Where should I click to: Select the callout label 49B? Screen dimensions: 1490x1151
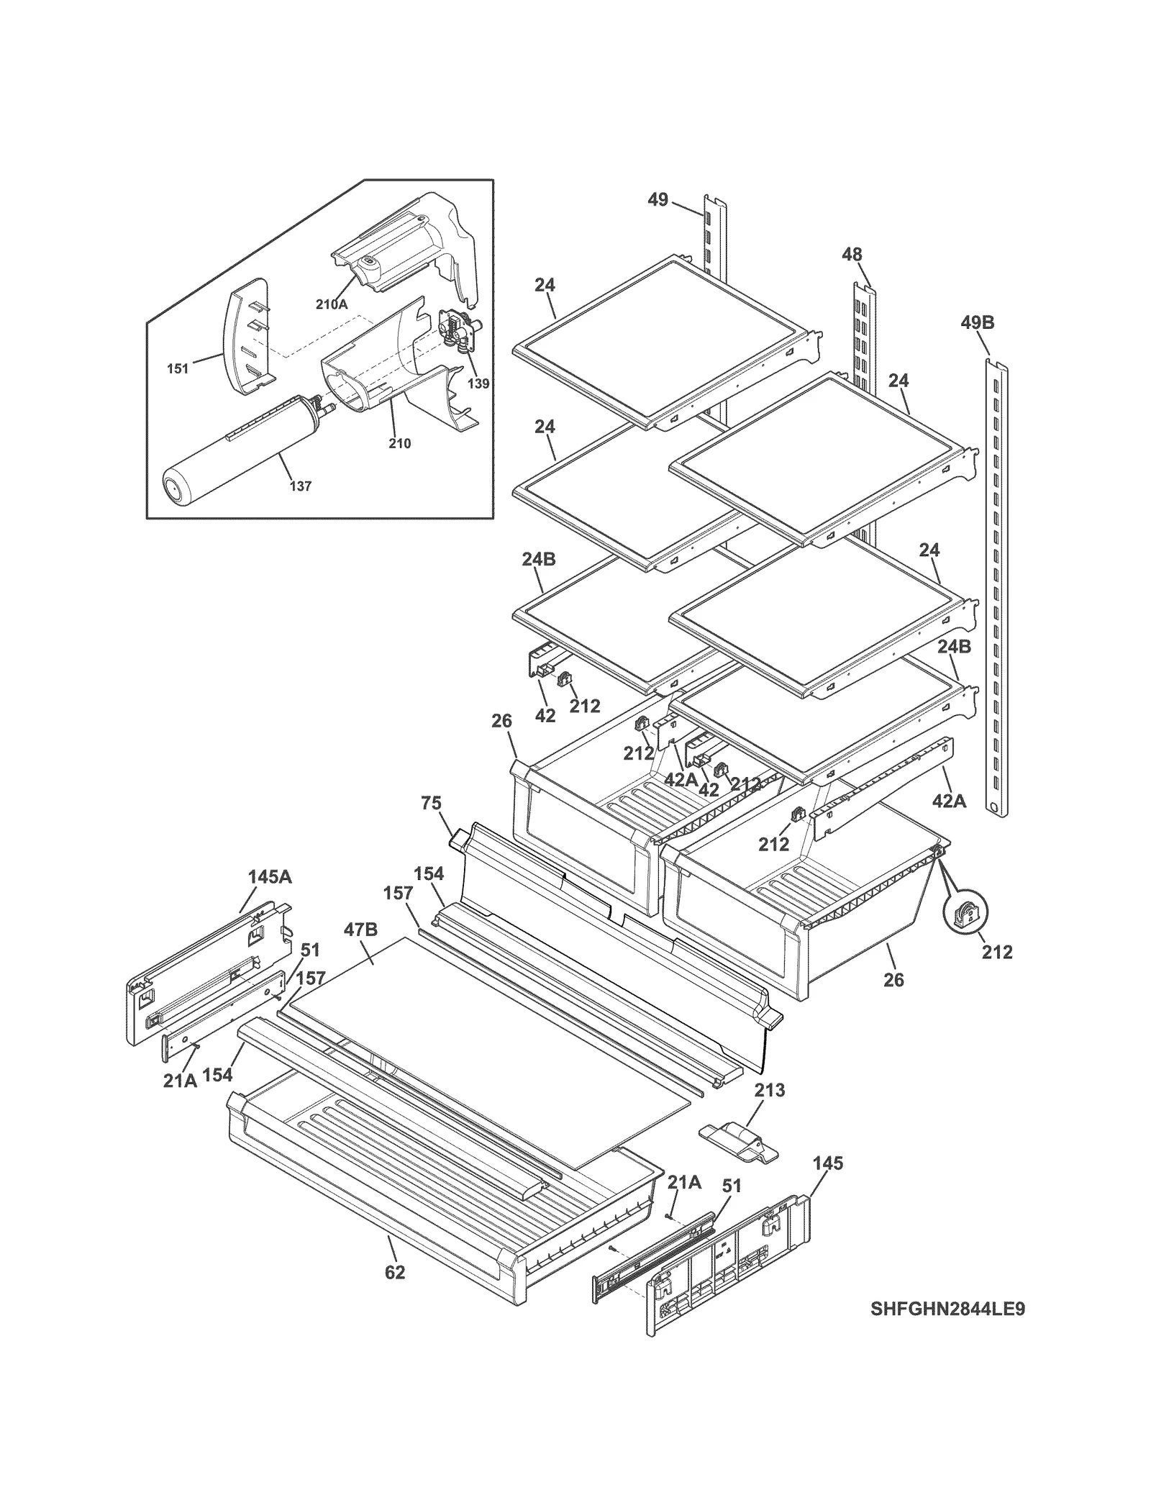click(x=977, y=323)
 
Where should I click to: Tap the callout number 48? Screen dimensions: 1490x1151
click(x=852, y=255)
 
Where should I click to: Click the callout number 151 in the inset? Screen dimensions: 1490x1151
click(x=178, y=369)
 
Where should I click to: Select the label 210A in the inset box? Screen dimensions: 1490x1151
click(x=331, y=304)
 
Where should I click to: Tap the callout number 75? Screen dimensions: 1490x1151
click(x=431, y=804)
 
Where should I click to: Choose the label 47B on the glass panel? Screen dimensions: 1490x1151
click(x=360, y=930)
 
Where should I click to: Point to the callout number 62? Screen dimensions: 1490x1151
click(x=395, y=1272)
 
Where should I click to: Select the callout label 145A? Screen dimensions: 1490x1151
click(x=270, y=877)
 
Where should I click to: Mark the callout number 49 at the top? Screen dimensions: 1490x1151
click(x=658, y=200)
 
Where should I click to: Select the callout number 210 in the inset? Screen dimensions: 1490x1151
click(x=399, y=443)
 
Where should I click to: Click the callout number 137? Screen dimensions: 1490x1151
click(x=300, y=486)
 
